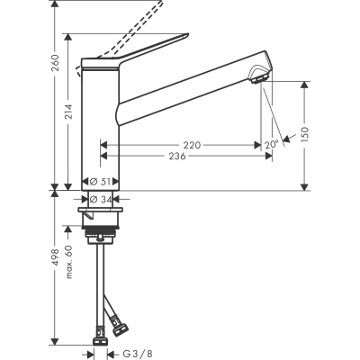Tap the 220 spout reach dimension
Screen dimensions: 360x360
[x=190, y=144]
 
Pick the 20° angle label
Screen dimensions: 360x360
[x=271, y=144]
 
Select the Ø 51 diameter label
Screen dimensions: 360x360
[x=101, y=181]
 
